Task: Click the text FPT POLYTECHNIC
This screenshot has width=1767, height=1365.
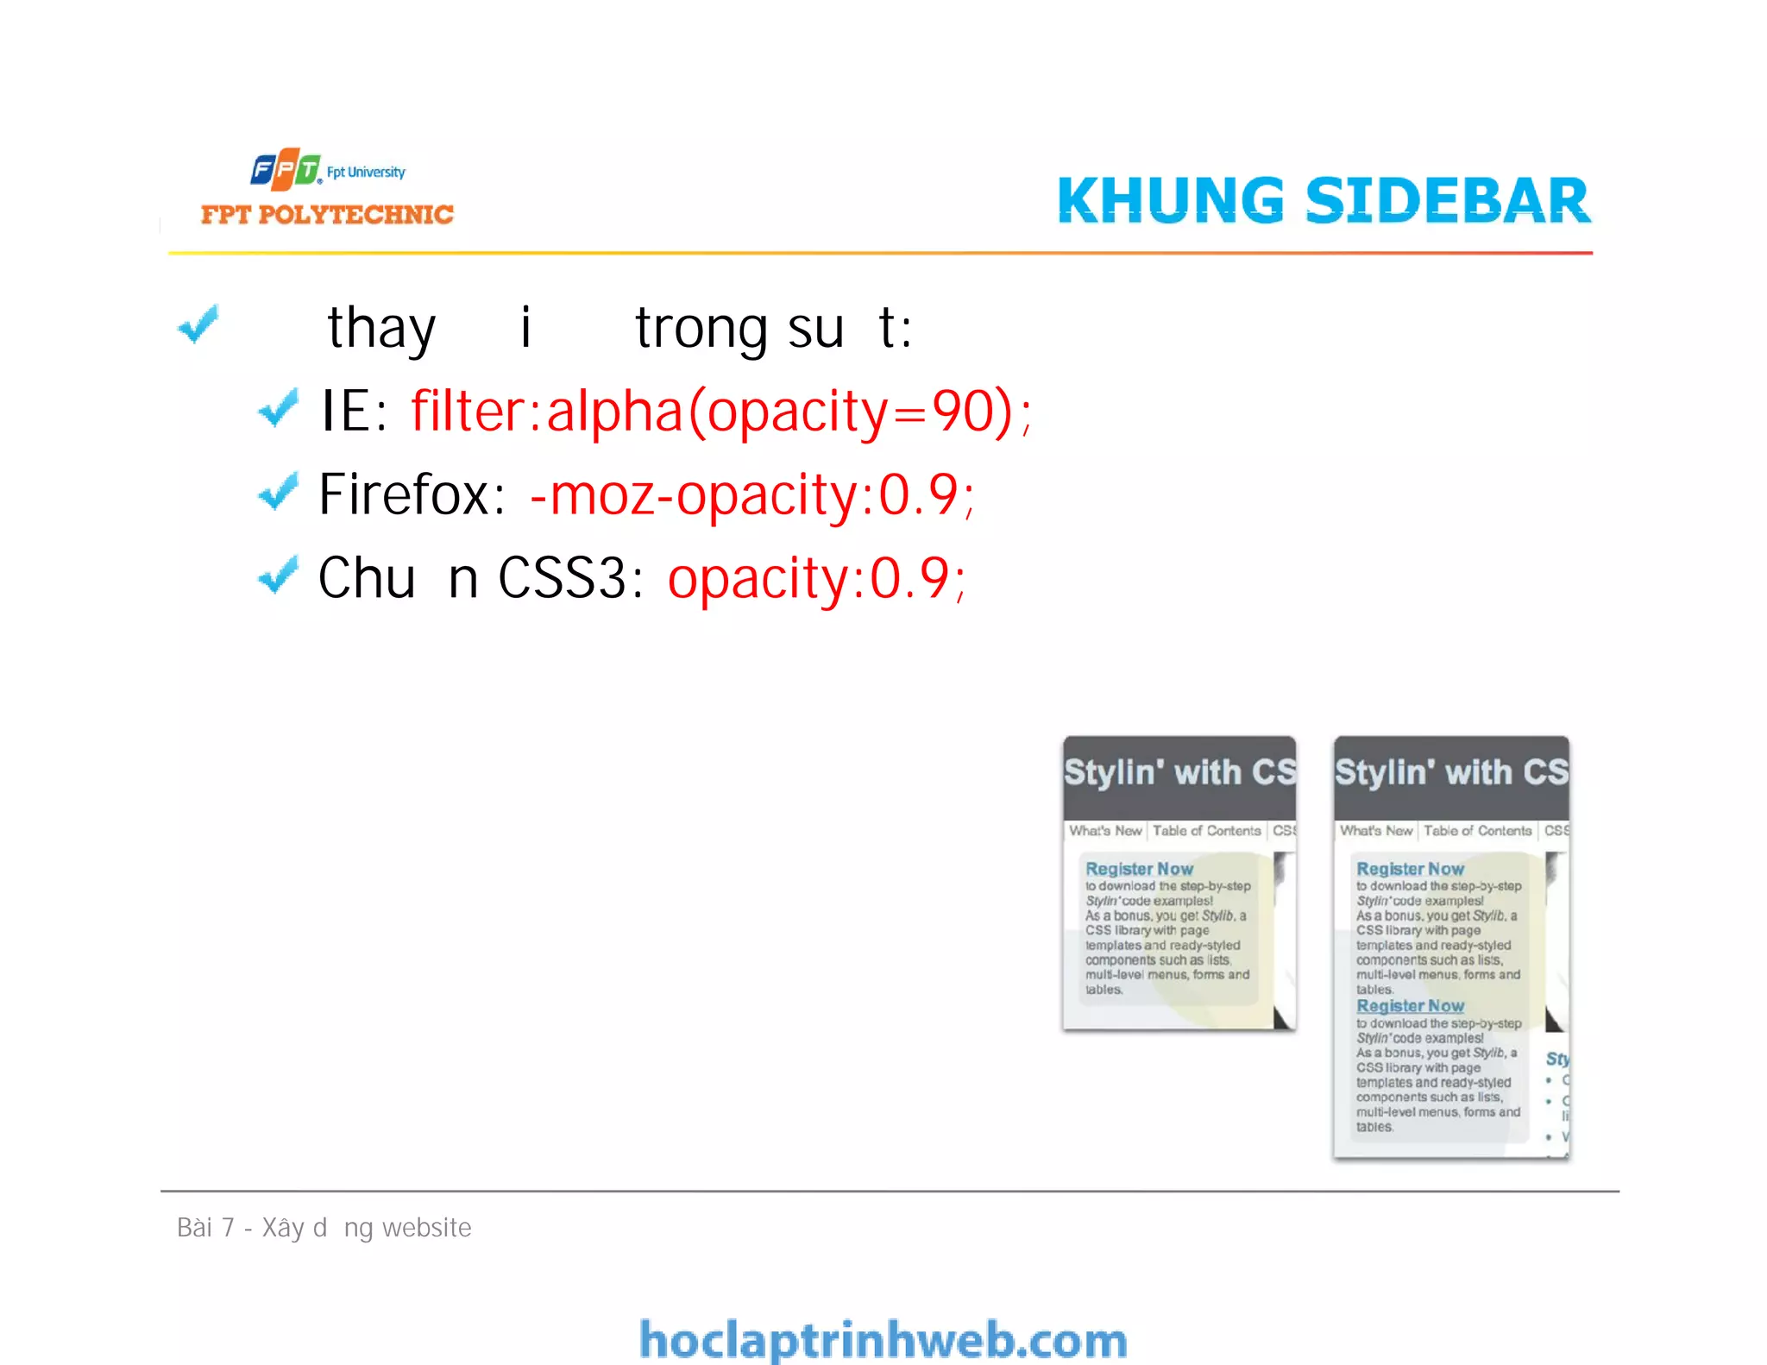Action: point(327,214)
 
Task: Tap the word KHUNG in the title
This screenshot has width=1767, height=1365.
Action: point(1171,200)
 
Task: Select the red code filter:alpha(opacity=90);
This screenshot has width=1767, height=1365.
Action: point(720,412)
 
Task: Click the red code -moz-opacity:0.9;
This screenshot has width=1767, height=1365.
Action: point(751,495)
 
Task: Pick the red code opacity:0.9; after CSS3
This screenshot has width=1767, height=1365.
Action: point(816,578)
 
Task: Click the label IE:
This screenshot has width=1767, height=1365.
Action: point(354,412)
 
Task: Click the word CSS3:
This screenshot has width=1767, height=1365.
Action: point(570,578)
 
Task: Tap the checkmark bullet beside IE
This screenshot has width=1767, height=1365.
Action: point(278,408)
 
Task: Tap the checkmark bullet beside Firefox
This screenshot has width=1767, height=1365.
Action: point(278,492)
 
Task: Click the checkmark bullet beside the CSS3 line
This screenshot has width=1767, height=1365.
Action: point(278,576)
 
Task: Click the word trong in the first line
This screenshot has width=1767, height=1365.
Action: point(701,329)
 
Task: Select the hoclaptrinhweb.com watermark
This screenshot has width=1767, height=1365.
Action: point(883,1340)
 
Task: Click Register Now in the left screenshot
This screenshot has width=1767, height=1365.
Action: point(1139,869)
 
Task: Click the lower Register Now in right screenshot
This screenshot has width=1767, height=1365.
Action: point(1410,1006)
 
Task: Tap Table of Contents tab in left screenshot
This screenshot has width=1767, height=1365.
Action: point(1206,831)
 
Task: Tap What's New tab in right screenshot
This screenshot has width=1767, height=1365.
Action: point(1375,831)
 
